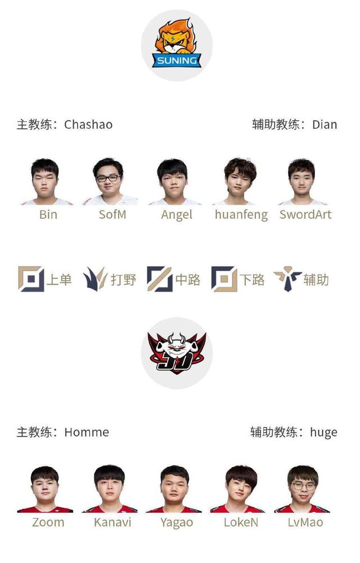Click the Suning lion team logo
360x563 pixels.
click(x=177, y=45)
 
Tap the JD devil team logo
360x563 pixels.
click(x=177, y=352)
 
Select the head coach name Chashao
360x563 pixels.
click(x=88, y=124)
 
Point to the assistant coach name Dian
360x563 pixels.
click(x=325, y=124)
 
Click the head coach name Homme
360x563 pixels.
click(x=87, y=432)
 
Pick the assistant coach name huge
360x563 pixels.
click(x=323, y=432)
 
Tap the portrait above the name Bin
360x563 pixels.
click(x=47, y=182)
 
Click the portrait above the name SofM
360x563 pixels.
click(x=110, y=182)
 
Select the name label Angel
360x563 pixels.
click(x=177, y=214)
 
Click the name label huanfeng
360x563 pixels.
click(x=241, y=214)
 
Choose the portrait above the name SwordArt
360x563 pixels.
click(x=303, y=182)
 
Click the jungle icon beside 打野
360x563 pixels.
click(x=95, y=279)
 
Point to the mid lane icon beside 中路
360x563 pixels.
click(x=160, y=279)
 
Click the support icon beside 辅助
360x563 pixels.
click(x=287, y=279)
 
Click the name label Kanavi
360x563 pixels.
click(x=112, y=522)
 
